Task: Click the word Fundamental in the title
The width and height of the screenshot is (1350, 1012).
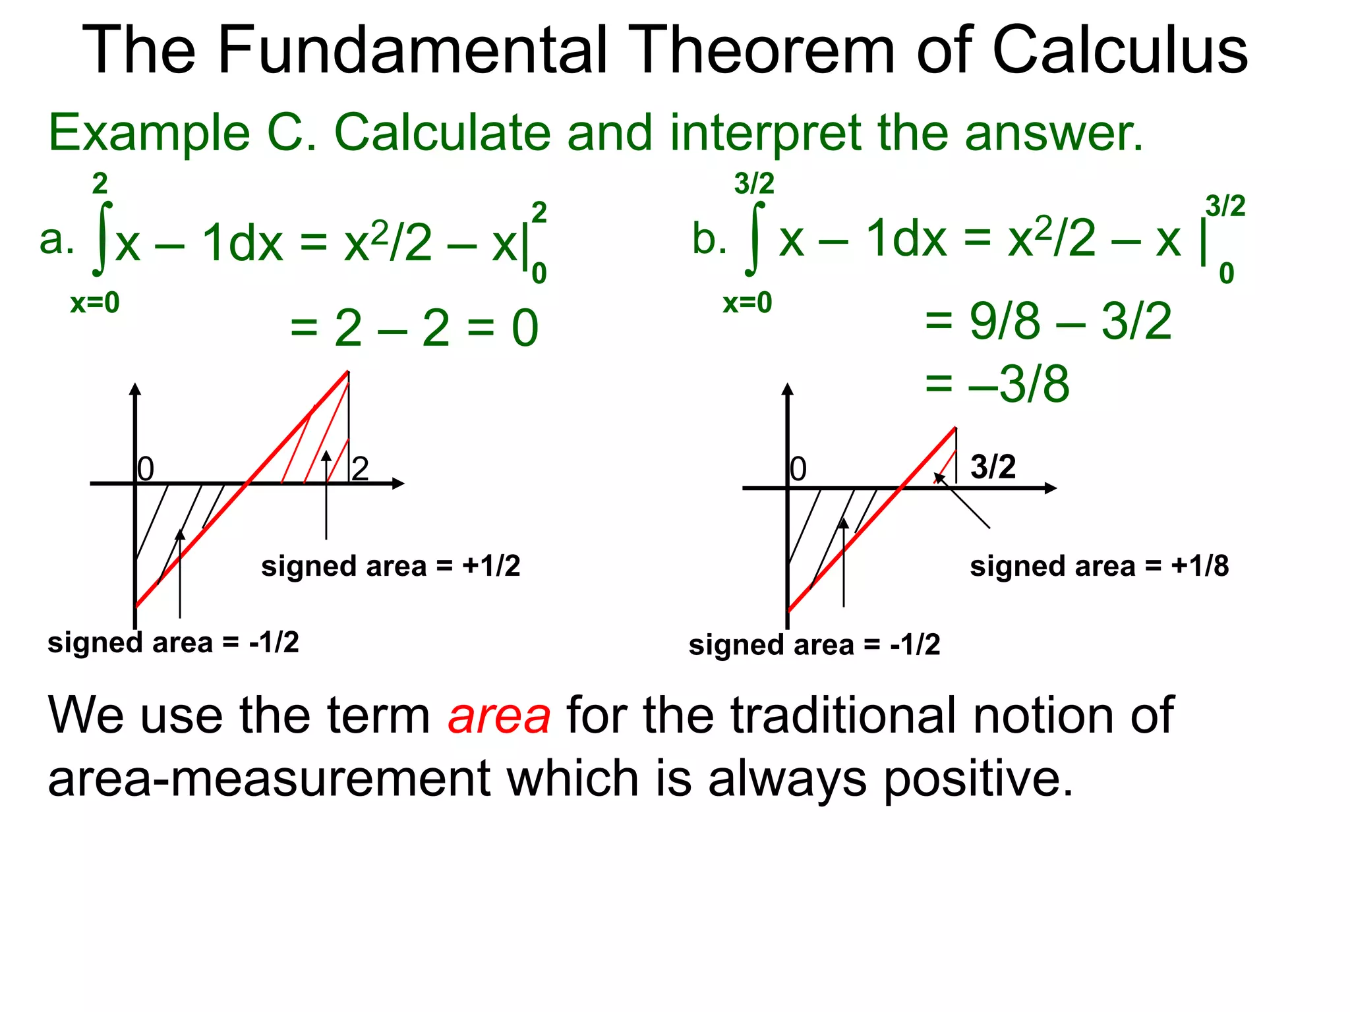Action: pyautogui.click(x=411, y=50)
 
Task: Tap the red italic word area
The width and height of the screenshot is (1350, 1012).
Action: pyautogui.click(x=499, y=716)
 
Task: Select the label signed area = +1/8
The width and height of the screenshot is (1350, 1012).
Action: pyautogui.click(x=1099, y=566)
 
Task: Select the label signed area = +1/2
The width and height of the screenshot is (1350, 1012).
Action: pyautogui.click(x=390, y=566)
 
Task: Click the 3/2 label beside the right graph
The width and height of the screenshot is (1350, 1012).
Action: pyautogui.click(x=993, y=466)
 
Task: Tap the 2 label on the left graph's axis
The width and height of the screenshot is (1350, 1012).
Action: pyautogui.click(x=360, y=469)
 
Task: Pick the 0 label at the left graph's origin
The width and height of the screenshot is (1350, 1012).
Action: pyautogui.click(x=146, y=469)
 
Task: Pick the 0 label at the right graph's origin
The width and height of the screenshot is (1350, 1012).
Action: pyautogui.click(x=798, y=469)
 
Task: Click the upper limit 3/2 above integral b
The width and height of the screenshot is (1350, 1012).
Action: pyautogui.click(x=754, y=183)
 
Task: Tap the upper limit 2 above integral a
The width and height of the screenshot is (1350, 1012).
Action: pyautogui.click(x=100, y=183)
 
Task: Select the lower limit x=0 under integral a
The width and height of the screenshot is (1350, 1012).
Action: pyautogui.click(x=95, y=303)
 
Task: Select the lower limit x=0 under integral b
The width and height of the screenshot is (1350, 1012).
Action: pyautogui.click(x=748, y=303)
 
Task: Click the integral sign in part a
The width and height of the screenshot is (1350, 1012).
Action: pyautogui.click(x=102, y=239)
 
